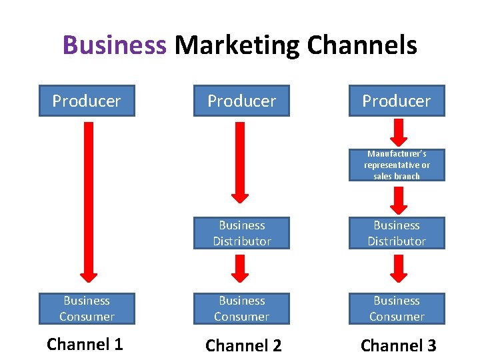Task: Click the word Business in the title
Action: click(x=114, y=46)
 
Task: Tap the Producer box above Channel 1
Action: click(x=87, y=101)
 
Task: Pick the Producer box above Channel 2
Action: click(x=241, y=101)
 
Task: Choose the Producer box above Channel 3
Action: click(x=397, y=101)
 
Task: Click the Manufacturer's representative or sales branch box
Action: click(x=397, y=165)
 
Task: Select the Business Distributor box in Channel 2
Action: click(x=241, y=233)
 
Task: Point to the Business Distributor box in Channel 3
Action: click(x=397, y=233)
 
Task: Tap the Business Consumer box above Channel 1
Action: click(x=87, y=309)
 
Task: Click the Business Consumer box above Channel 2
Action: click(x=241, y=309)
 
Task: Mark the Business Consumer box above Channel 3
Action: click(x=397, y=309)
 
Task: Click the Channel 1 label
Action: click(x=85, y=344)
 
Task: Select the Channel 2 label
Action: click(x=243, y=345)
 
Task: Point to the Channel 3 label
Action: click(x=398, y=345)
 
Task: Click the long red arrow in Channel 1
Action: click(x=88, y=200)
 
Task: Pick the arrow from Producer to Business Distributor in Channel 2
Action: click(x=240, y=160)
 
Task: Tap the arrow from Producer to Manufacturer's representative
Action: click(x=399, y=132)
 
